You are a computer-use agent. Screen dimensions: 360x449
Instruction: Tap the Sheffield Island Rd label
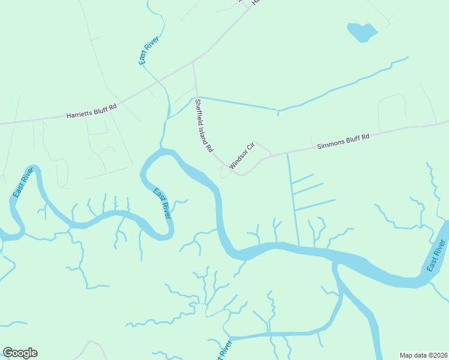[x=203, y=125]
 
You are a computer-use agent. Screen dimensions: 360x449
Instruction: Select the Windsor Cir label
[x=242, y=155]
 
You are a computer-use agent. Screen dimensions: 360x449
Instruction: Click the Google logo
[x=20, y=353]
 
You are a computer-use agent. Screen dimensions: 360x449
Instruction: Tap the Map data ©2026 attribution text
[x=423, y=355]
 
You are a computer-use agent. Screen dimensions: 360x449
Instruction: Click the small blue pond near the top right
[x=362, y=32]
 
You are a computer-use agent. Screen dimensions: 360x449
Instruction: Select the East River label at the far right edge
[x=437, y=255]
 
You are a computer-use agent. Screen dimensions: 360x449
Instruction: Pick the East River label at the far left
[x=22, y=184]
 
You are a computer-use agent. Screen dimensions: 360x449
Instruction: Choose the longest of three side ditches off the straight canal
[x=315, y=205]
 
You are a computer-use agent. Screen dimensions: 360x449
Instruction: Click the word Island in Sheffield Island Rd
[x=203, y=127]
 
